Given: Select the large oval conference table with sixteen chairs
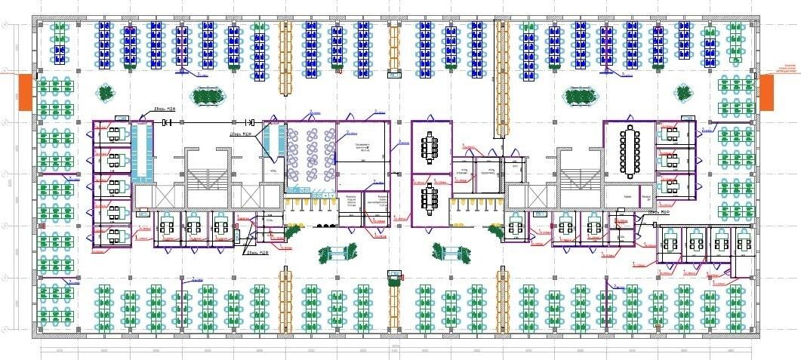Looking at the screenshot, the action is click(x=630, y=152).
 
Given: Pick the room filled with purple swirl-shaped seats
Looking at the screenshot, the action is click(x=310, y=156).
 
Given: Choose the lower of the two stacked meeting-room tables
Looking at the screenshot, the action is click(x=431, y=199).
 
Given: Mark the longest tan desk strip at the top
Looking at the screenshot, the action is click(x=501, y=79).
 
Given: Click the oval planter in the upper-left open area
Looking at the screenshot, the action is click(x=209, y=96).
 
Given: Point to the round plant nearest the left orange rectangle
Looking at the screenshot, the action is click(x=106, y=93).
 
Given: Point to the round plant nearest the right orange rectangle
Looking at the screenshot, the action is click(x=683, y=94).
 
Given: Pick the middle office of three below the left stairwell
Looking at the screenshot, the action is click(x=194, y=228).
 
